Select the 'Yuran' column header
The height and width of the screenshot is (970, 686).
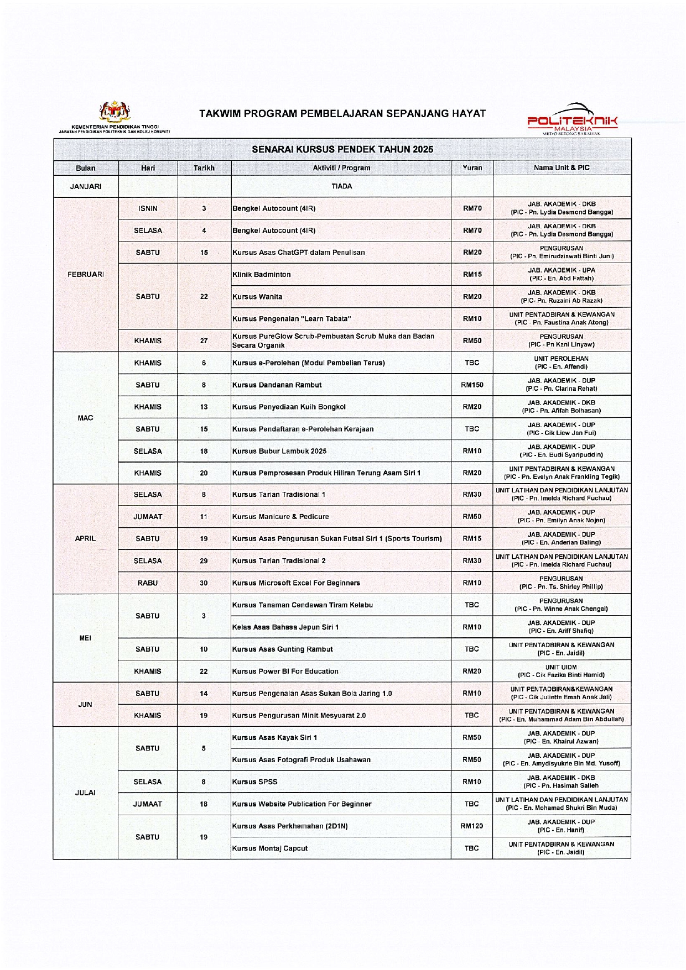point(472,168)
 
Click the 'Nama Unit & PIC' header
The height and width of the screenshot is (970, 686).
point(562,168)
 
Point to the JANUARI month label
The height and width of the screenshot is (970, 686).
point(86,187)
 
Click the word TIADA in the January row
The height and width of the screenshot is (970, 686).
point(341,187)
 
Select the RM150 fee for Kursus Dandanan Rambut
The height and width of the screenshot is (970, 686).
point(472,385)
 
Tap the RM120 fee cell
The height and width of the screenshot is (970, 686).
point(472,826)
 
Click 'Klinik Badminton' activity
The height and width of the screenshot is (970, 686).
point(262,275)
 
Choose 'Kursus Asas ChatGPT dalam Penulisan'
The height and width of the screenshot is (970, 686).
point(299,253)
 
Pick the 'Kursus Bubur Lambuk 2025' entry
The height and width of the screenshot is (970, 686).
point(279,452)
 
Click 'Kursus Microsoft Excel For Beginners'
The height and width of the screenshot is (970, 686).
point(296,583)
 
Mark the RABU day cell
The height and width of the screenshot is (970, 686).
point(148,583)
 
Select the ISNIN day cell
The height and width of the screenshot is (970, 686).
point(148,209)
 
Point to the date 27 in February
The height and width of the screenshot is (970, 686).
point(204,341)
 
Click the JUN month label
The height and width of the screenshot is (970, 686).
point(85,705)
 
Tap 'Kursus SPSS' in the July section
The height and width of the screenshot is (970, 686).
point(255,782)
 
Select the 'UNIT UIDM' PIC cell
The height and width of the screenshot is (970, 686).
point(562,671)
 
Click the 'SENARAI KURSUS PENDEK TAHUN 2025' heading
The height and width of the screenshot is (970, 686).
point(342,149)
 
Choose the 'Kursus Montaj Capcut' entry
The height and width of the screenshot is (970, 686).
point(270,848)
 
